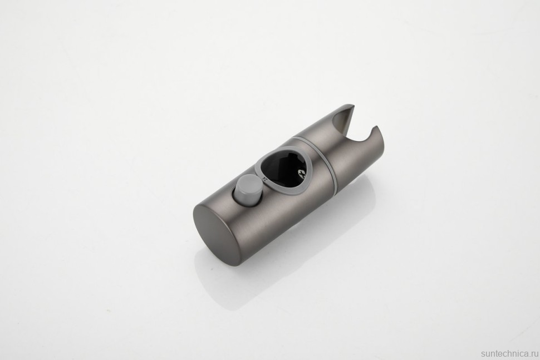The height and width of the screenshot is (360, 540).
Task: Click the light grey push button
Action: coord(247,189)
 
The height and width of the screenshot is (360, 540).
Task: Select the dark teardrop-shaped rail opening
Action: coord(284,166)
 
